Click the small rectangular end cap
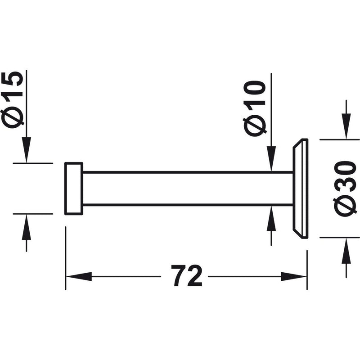74,189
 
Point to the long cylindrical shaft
188,188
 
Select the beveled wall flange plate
300,189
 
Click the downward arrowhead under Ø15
27,150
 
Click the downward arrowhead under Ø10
271,159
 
